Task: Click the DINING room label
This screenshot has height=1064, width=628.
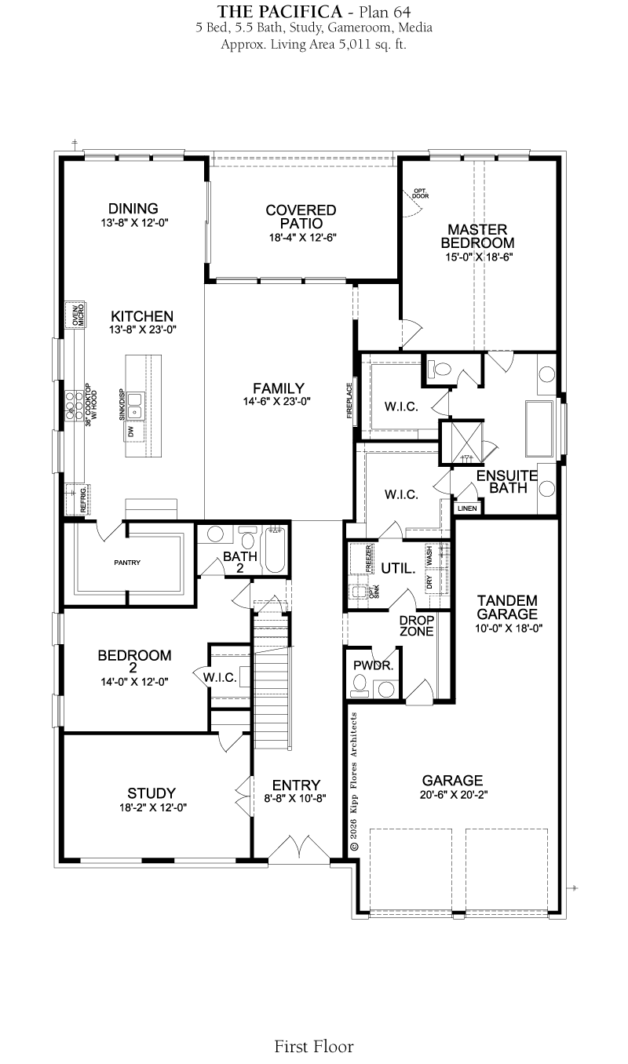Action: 133,208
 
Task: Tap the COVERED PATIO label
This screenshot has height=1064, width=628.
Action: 301,217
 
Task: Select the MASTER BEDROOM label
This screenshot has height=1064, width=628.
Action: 477,236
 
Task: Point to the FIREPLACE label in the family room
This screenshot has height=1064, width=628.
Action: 349,400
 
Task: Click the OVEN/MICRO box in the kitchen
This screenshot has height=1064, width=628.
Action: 75,315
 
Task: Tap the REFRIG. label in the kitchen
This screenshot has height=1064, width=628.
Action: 84,498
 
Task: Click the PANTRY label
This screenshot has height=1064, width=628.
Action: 127,563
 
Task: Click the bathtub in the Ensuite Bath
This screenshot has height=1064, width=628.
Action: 539,429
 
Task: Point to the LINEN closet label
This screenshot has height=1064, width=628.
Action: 467,508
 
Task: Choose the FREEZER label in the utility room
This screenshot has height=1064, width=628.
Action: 369,558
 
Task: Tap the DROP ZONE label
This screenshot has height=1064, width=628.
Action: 417,625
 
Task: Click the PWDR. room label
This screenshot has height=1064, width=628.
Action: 374,666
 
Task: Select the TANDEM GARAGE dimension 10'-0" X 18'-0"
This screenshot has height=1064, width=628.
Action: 509,629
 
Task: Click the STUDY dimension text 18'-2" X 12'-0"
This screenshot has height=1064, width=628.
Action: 153,807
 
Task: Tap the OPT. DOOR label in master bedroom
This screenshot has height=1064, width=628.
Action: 421,193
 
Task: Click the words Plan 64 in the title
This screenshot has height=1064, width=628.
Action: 385,12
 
